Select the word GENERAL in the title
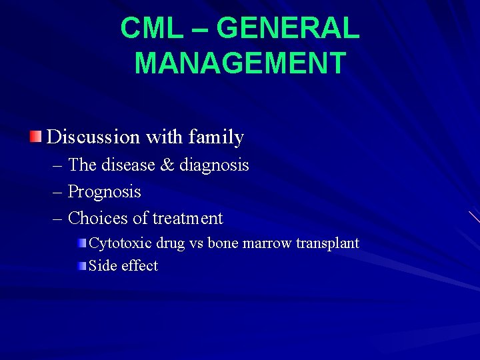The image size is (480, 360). (288, 29)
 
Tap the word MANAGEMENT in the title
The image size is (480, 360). (240, 63)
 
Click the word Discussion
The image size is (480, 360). (93, 137)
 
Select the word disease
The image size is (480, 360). (129, 165)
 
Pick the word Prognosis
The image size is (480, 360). (105, 192)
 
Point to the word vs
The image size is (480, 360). (197, 243)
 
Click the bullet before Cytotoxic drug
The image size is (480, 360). (81, 243)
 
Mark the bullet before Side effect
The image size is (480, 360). (81, 265)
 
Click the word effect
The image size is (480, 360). (139, 265)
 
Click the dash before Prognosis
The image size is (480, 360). (59, 192)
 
